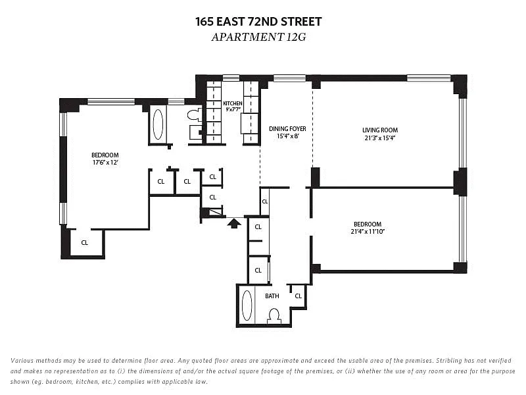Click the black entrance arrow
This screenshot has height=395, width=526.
[234, 223]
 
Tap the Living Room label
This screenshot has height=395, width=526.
[380, 130]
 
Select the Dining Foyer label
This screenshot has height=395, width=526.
[287, 128]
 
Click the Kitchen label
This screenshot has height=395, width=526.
[233, 103]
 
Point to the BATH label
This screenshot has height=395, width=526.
[272, 296]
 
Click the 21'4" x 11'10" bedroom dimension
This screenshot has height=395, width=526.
[368, 232]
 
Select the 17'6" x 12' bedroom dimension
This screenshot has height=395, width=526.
[105, 163]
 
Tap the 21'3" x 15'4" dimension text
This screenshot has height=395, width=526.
[380, 138]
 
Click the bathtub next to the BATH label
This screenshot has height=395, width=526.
[247, 305]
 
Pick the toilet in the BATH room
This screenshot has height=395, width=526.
[274, 317]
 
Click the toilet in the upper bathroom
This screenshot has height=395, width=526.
[195, 115]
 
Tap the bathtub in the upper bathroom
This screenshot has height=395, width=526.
[158, 124]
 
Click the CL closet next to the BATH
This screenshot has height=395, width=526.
[299, 296]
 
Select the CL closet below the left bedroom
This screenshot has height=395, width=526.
[85, 242]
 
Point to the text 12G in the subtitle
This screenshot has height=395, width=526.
[296, 37]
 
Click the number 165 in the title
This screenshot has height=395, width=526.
[204, 22]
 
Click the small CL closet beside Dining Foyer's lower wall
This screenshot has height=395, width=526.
[265, 201]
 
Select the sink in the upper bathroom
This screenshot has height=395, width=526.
[195, 132]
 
